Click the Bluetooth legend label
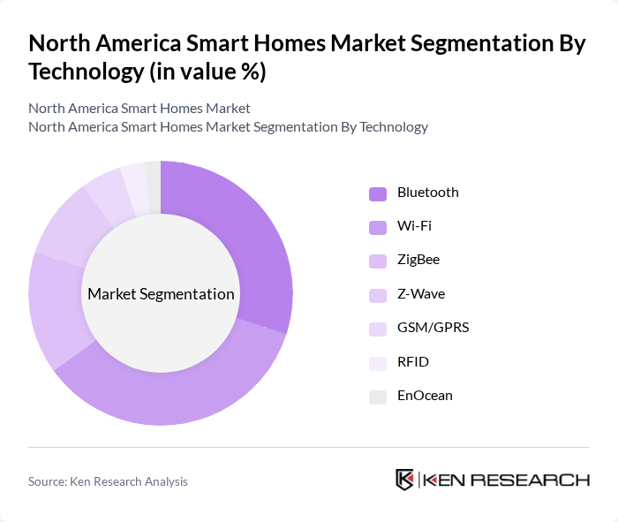427,193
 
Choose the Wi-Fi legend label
414,226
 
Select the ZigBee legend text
418,260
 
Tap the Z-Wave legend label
420,294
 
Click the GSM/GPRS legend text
433,328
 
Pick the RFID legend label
412,362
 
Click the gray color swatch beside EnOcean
378,397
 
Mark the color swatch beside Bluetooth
378,193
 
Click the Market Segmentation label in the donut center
160,294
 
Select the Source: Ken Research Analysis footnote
108,481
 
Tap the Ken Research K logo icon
404,480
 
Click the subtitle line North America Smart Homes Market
139,108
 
